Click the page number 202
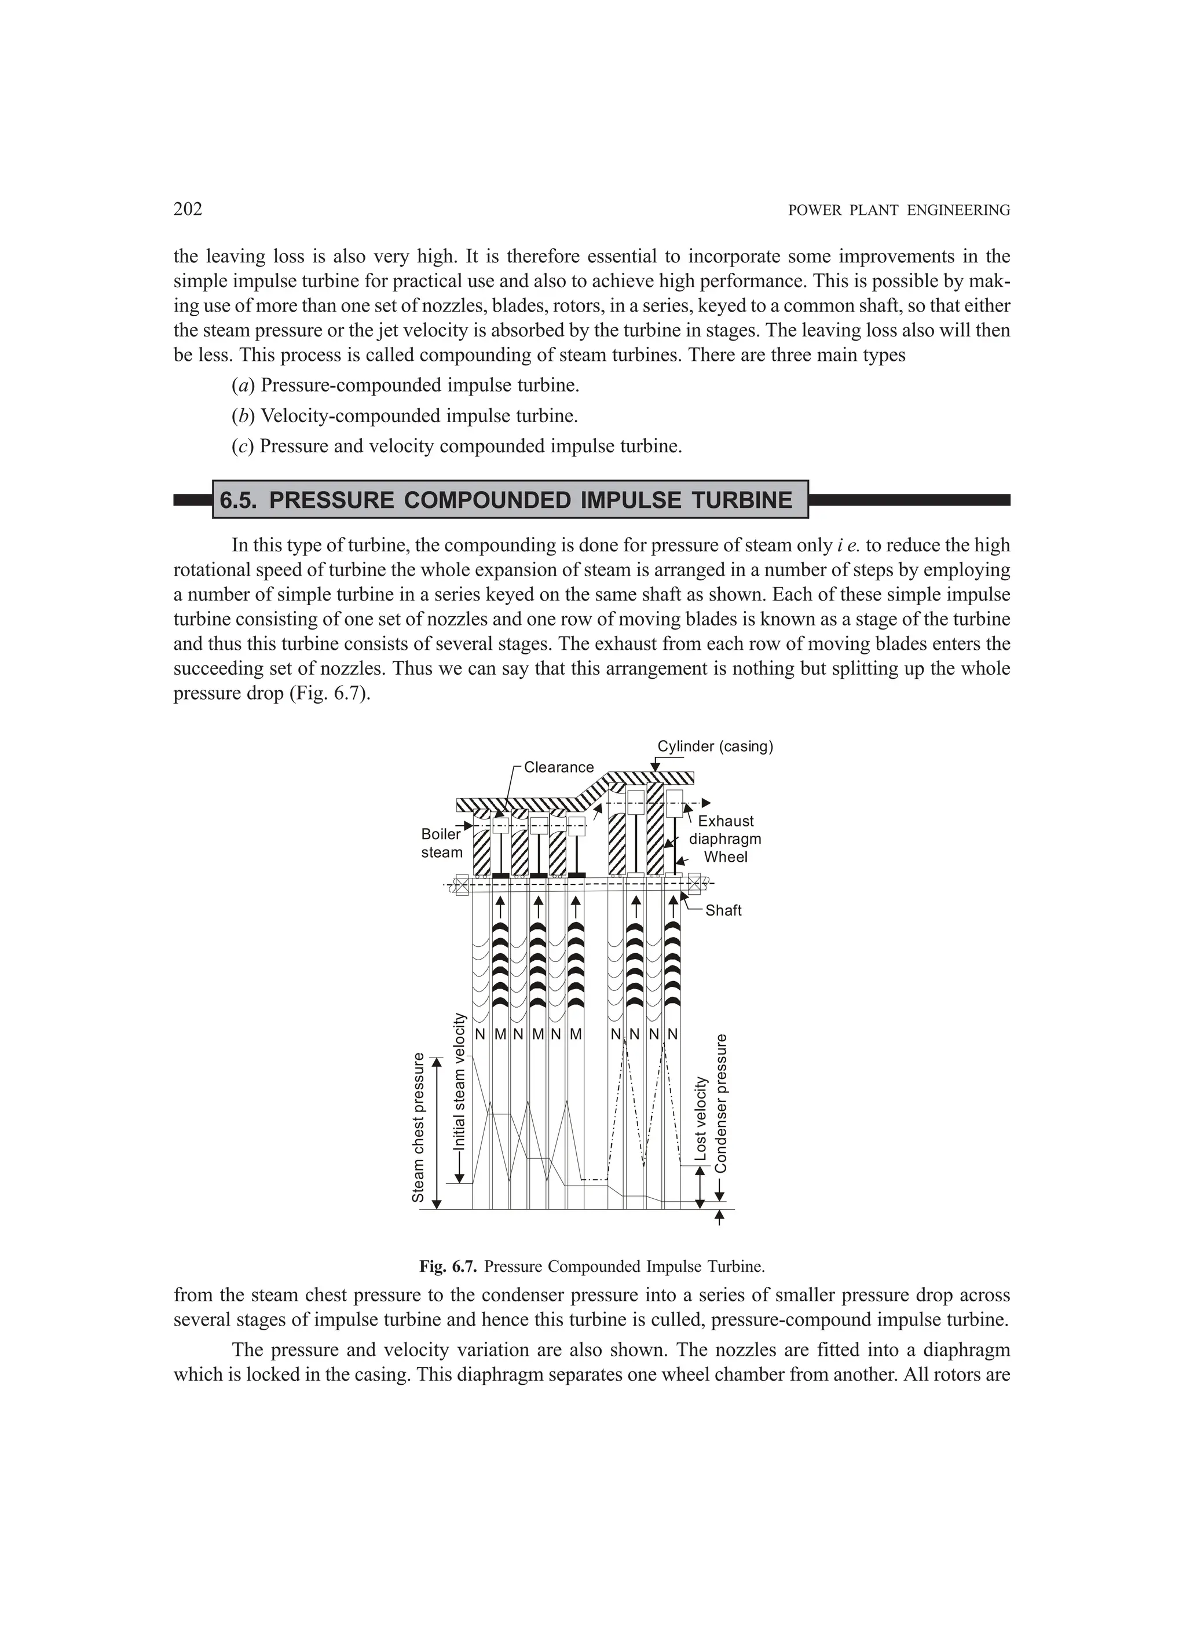coord(188,210)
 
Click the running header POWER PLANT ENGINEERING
coord(899,211)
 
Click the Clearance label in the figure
coord(558,767)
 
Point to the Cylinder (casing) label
coord(715,746)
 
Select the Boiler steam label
coord(441,843)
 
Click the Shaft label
coord(723,910)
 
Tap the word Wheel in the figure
coord(726,857)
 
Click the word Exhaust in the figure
coord(726,821)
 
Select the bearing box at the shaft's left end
coord(462,884)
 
